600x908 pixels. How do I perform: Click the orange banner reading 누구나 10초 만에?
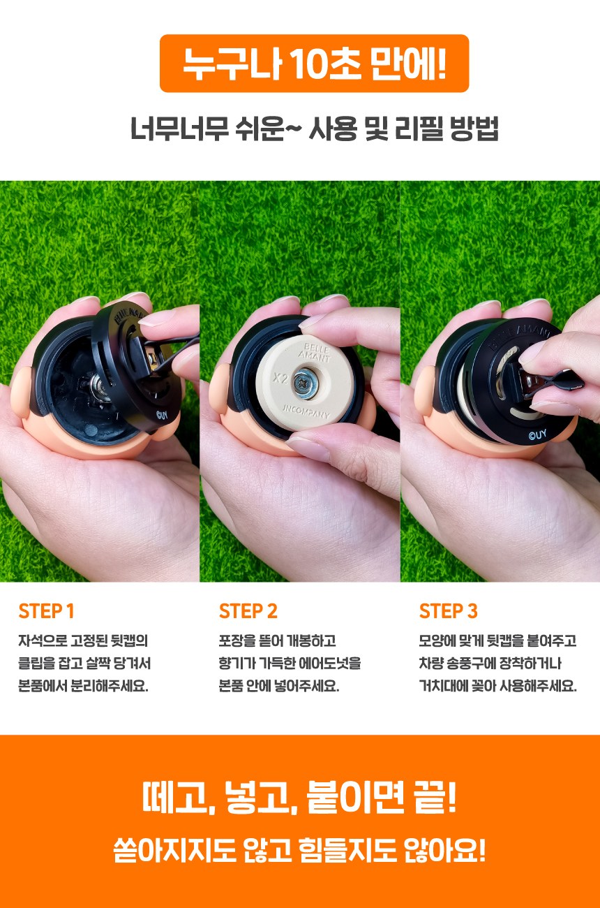pos(314,64)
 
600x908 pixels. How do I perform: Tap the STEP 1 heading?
pos(46,611)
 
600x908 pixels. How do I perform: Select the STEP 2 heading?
pos(248,611)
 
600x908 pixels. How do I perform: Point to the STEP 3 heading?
pos(448,611)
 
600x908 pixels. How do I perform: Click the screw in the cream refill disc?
pos(304,382)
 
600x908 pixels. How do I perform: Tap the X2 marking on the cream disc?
pos(280,378)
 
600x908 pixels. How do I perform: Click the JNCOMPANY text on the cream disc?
pos(306,411)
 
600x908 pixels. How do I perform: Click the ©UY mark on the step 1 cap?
pos(162,415)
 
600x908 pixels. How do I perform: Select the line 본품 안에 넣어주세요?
pos(279,686)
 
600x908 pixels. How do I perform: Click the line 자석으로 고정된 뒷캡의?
pos(84,640)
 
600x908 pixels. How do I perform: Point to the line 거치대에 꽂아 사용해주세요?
pos(498,686)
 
